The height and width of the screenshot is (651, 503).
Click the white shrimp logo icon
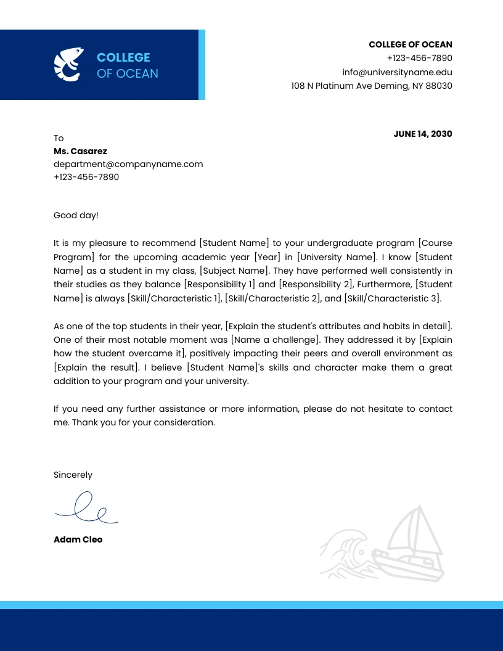click(x=68, y=65)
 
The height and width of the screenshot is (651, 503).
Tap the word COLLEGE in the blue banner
click(x=123, y=57)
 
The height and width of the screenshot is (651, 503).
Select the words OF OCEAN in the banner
click(x=127, y=73)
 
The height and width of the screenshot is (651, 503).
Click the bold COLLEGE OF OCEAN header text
click(x=410, y=44)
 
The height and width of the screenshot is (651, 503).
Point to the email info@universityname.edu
click(x=397, y=72)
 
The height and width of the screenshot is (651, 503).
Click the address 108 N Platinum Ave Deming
click(x=371, y=86)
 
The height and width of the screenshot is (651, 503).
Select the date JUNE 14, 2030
click(x=422, y=134)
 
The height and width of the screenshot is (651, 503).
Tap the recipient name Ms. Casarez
click(x=80, y=151)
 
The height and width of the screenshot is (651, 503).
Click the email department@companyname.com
click(x=128, y=164)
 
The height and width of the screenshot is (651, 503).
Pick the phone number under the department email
click(x=86, y=177)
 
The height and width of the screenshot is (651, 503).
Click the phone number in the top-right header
click(x=419, y=58)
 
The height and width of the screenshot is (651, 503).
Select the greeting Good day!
click(x=76, y=215)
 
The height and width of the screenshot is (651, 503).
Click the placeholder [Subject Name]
click(x=234, y=271)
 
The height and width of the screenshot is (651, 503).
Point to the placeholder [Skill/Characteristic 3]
click(x=392, y=298)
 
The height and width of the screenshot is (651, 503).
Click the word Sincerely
click(x=73, y=475)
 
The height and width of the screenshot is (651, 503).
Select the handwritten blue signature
click(x=86, y=509)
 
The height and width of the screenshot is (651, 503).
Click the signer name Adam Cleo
click(x=78, y=539)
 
